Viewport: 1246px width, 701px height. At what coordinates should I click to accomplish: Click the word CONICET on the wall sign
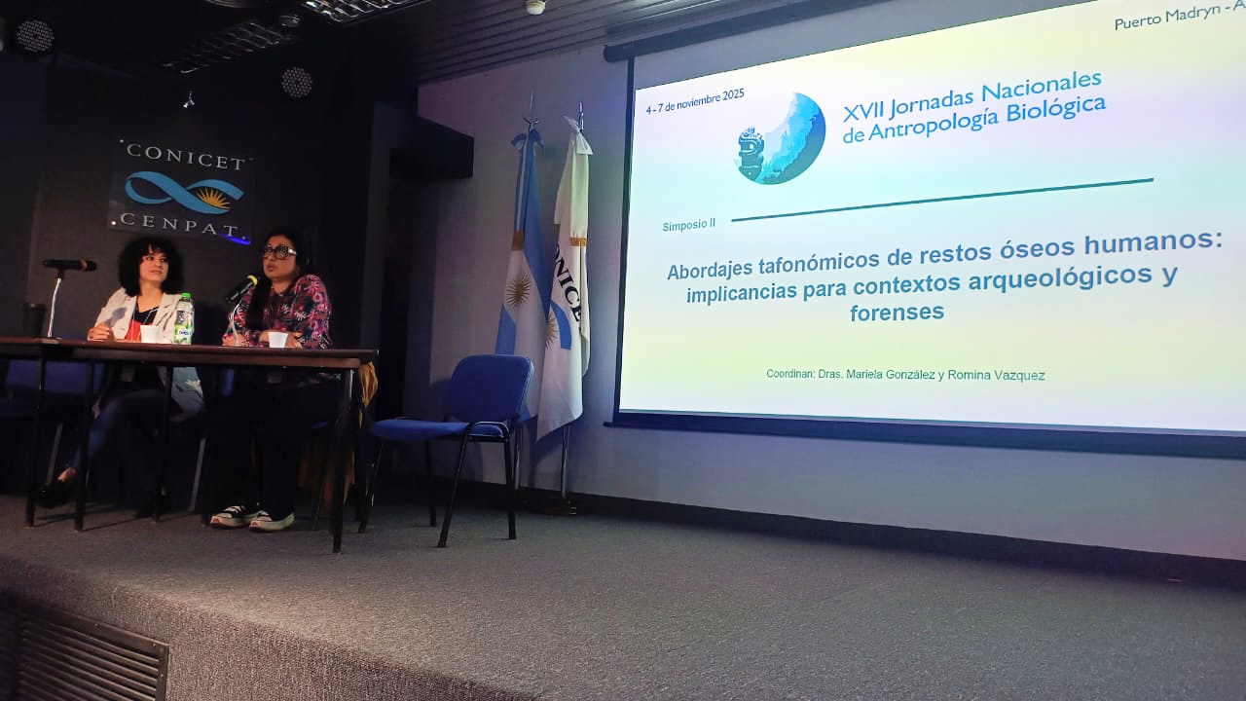coord(184,155)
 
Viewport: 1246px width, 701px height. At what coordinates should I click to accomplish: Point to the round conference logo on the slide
coord(780,139)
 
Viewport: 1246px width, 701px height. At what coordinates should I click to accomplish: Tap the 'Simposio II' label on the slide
coord(688,224)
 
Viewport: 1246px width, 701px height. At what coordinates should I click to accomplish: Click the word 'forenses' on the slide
coord(897,313)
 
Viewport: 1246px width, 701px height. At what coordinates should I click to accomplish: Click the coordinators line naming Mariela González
coord(905,374)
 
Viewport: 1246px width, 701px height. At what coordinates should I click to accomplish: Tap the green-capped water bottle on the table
coord(183,318)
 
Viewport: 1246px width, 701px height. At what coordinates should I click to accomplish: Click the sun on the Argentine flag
coord(519,290)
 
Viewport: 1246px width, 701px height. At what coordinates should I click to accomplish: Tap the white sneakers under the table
coord(251,516)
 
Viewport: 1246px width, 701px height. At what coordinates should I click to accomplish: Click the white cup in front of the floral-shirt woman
coord(277,338)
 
